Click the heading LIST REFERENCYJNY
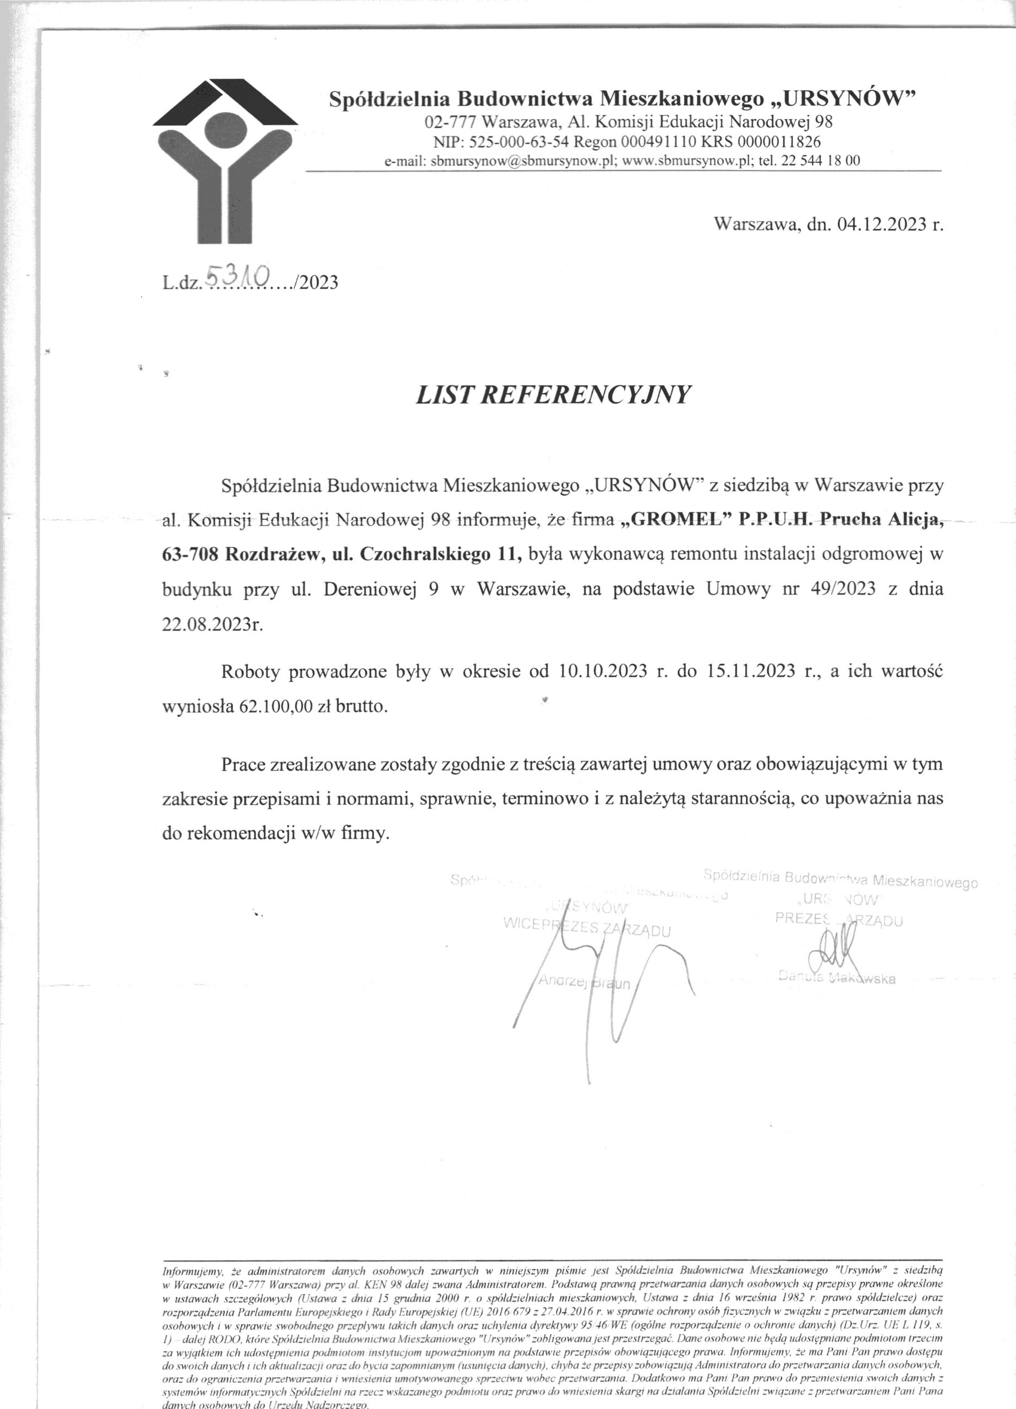[x=553, y=395]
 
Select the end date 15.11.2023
[x=750, y=672]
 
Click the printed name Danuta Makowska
[x=837, y=978]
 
